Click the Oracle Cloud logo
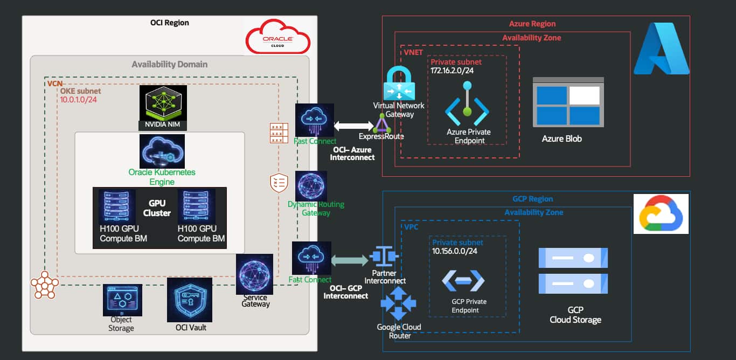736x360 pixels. coord(277,36)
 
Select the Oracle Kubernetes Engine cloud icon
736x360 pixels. coord(162,151)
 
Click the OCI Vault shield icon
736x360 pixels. coord(190,300)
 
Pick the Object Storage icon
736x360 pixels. coord(122,300)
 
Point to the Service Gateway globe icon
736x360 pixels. coord(255,274)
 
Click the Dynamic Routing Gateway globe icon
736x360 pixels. coord(311,186)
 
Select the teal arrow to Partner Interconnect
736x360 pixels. coord(350,261)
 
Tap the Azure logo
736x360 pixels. coord(662,49)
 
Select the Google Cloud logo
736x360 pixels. coord(661,213)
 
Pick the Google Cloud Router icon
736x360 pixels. coord(398,304)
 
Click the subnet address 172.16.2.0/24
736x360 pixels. coord(452,71)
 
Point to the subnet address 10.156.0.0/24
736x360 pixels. coord(455,251)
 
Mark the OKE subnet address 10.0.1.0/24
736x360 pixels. coord(78,100)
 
